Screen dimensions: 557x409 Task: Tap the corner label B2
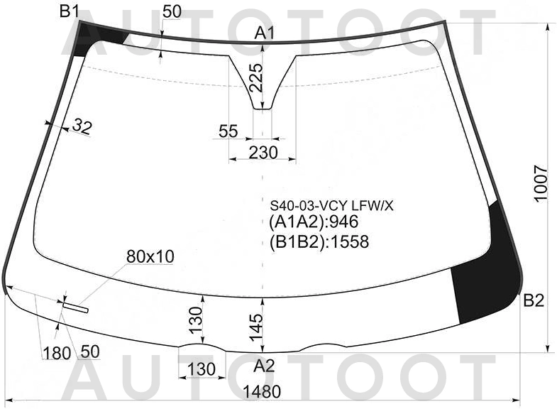point(534,301)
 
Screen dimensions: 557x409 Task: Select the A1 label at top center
point(265,33)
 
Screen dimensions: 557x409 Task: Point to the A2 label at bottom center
point(264,366)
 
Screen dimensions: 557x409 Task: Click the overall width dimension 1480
point(262,391)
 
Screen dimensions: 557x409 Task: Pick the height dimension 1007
point(541,183)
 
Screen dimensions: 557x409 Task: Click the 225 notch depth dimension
point(256,78)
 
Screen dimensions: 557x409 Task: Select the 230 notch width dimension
point(263,153)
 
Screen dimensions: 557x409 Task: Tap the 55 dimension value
point(228,131)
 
